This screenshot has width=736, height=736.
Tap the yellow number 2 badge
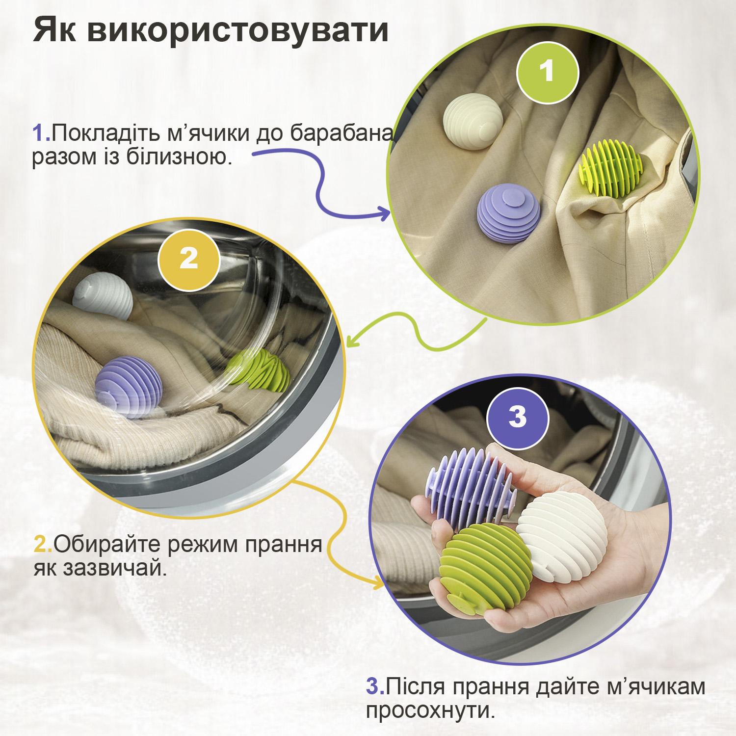pyautogui.click(x=188, y=258)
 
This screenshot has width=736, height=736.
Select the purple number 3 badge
pyautogui.click(x=517, y=417)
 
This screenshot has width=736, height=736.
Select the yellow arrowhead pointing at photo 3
pyautogui.click(x=377, y=585)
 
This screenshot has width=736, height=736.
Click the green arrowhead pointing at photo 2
pyautogui.click(x=354, y=338)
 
